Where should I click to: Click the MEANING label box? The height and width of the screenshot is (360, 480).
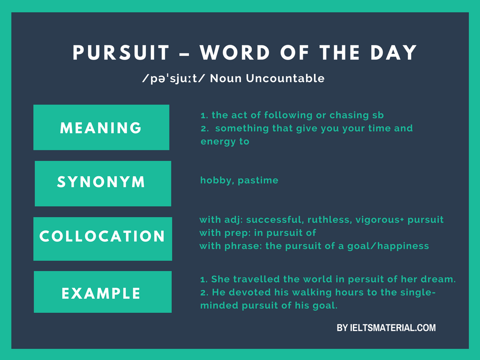pyautogui.click(x=101, y=127)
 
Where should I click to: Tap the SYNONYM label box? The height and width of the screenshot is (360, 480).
pyautogui.click(x=103, y=183)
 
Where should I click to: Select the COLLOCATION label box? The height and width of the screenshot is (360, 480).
pyautogui.click(x=103, y=239)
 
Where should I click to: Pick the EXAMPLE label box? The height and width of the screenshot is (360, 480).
pyautogui.click(x=103, y=292)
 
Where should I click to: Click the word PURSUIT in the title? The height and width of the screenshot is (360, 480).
pyautogui.click(x=121, y=53)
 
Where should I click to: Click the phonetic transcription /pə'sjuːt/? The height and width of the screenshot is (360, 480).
pyautogui.click(x=173, y=78)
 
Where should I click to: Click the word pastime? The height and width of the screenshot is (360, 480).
pyautogui.click(x=258, y=180)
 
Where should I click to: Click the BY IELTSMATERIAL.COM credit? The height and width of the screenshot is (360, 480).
pyautogui.click(x=386, y=328)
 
